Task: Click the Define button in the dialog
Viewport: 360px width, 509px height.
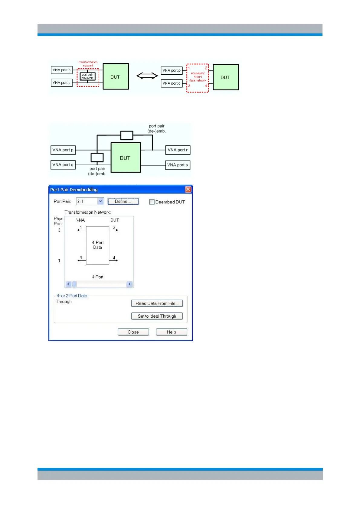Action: click(x=123, y=201)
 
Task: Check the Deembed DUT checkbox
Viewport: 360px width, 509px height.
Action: click(x=152, y=202)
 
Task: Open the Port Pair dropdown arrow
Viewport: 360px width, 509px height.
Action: click(x=100, y=201)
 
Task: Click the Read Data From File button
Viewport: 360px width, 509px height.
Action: click(x=157, y=303)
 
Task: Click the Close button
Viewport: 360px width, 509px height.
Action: click(x=133, y=332)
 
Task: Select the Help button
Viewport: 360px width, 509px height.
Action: click(x=171, y=332)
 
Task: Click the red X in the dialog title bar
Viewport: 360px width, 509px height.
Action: click(x=188, y=190)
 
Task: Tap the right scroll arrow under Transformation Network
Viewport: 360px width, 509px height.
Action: click(x=129, y=284)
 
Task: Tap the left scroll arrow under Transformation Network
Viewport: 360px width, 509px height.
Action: click(x=68, y=284)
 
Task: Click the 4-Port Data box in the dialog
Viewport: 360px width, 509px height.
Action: click(x=97, y=245)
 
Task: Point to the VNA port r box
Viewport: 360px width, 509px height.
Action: click(x=178, y=150)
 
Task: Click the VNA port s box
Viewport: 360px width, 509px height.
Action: click(x=178, y=165)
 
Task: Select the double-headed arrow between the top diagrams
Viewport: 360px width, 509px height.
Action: click(x=147, y=76)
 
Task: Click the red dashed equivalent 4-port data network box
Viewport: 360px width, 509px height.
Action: click(x=198, y=78)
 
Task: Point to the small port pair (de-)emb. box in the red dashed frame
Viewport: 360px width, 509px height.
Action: click(x=87, y=76)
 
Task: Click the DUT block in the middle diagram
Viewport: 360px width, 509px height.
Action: click(x=126, y=158)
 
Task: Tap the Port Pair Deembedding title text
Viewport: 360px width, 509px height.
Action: click(x=74, y=190)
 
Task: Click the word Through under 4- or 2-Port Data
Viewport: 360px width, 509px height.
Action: click(x=64, y=302)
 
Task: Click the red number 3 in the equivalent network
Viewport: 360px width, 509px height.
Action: click(x=189, y=86)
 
